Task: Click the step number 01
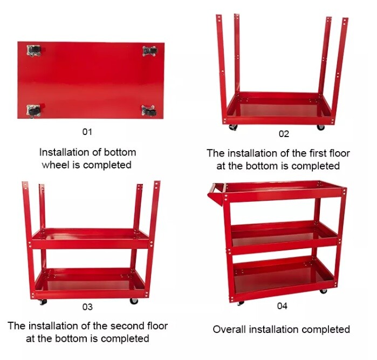coord(87,132)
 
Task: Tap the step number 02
coord(284,134)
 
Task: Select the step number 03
coord(87,307)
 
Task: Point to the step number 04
coord(282,306)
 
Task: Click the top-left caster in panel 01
coord(34,51)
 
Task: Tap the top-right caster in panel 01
coord(150,51)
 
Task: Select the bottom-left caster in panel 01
coord(33,111)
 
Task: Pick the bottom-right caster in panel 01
coord(149,111)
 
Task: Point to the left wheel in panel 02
coord(233,127)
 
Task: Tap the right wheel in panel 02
coord(320,127)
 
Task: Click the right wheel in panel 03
coord(134,301)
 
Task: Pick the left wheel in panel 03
coord(43,302)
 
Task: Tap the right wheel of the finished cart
coord(323,291)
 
